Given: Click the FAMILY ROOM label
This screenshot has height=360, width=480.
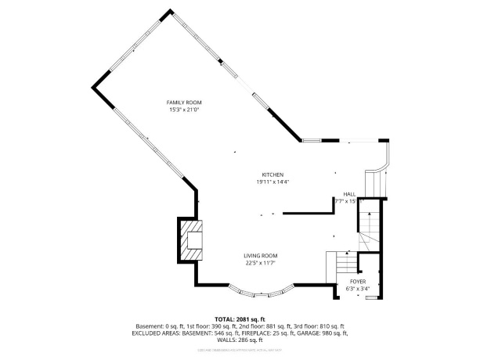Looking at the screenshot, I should coord(185,103).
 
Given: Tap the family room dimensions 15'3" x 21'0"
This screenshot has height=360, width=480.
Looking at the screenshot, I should coord(185,110).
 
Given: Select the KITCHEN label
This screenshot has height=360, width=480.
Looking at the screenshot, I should coord(272,174).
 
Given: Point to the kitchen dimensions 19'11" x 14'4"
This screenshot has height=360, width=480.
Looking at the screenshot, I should coord(272,182).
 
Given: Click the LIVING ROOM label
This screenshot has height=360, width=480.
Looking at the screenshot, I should coord(260,255).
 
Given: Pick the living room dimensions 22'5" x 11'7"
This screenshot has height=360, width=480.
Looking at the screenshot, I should coord(260,263).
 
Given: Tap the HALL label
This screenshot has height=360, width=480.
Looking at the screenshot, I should coord(349,194).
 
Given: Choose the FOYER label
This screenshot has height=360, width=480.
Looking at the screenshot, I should coord(358,280).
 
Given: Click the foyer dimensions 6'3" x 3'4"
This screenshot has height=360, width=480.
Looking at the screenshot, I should coord(358,288).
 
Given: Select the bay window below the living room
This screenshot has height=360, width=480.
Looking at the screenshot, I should coord(263,293).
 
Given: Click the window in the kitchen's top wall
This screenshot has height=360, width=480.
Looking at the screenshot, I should coord(312,141).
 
